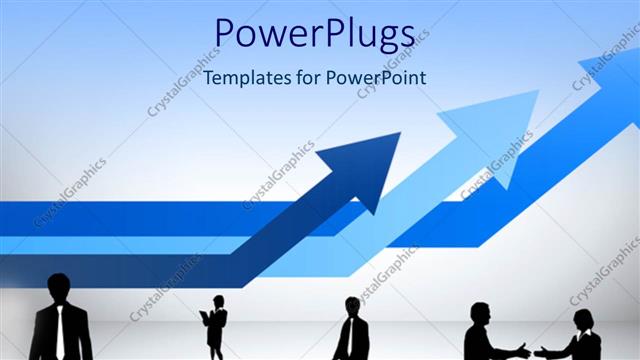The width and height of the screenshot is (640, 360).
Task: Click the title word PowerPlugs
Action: coord(314,35)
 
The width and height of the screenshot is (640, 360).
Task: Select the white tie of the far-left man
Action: coord(60,330)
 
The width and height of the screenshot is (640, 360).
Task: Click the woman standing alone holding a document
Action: coord(216,325)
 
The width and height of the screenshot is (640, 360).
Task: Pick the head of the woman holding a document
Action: coord(217,301)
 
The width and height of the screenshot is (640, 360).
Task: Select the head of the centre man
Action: coord(352,306)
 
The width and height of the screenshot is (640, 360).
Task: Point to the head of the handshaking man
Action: coord(481,312)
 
